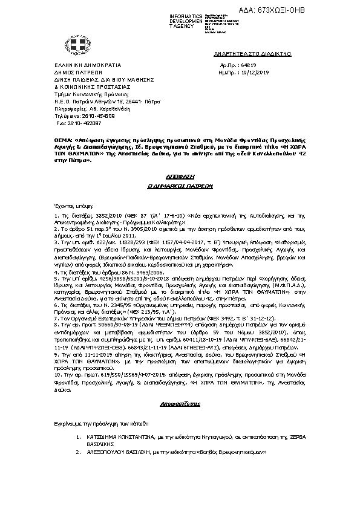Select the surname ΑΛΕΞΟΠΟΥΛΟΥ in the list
tap(105, 452)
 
